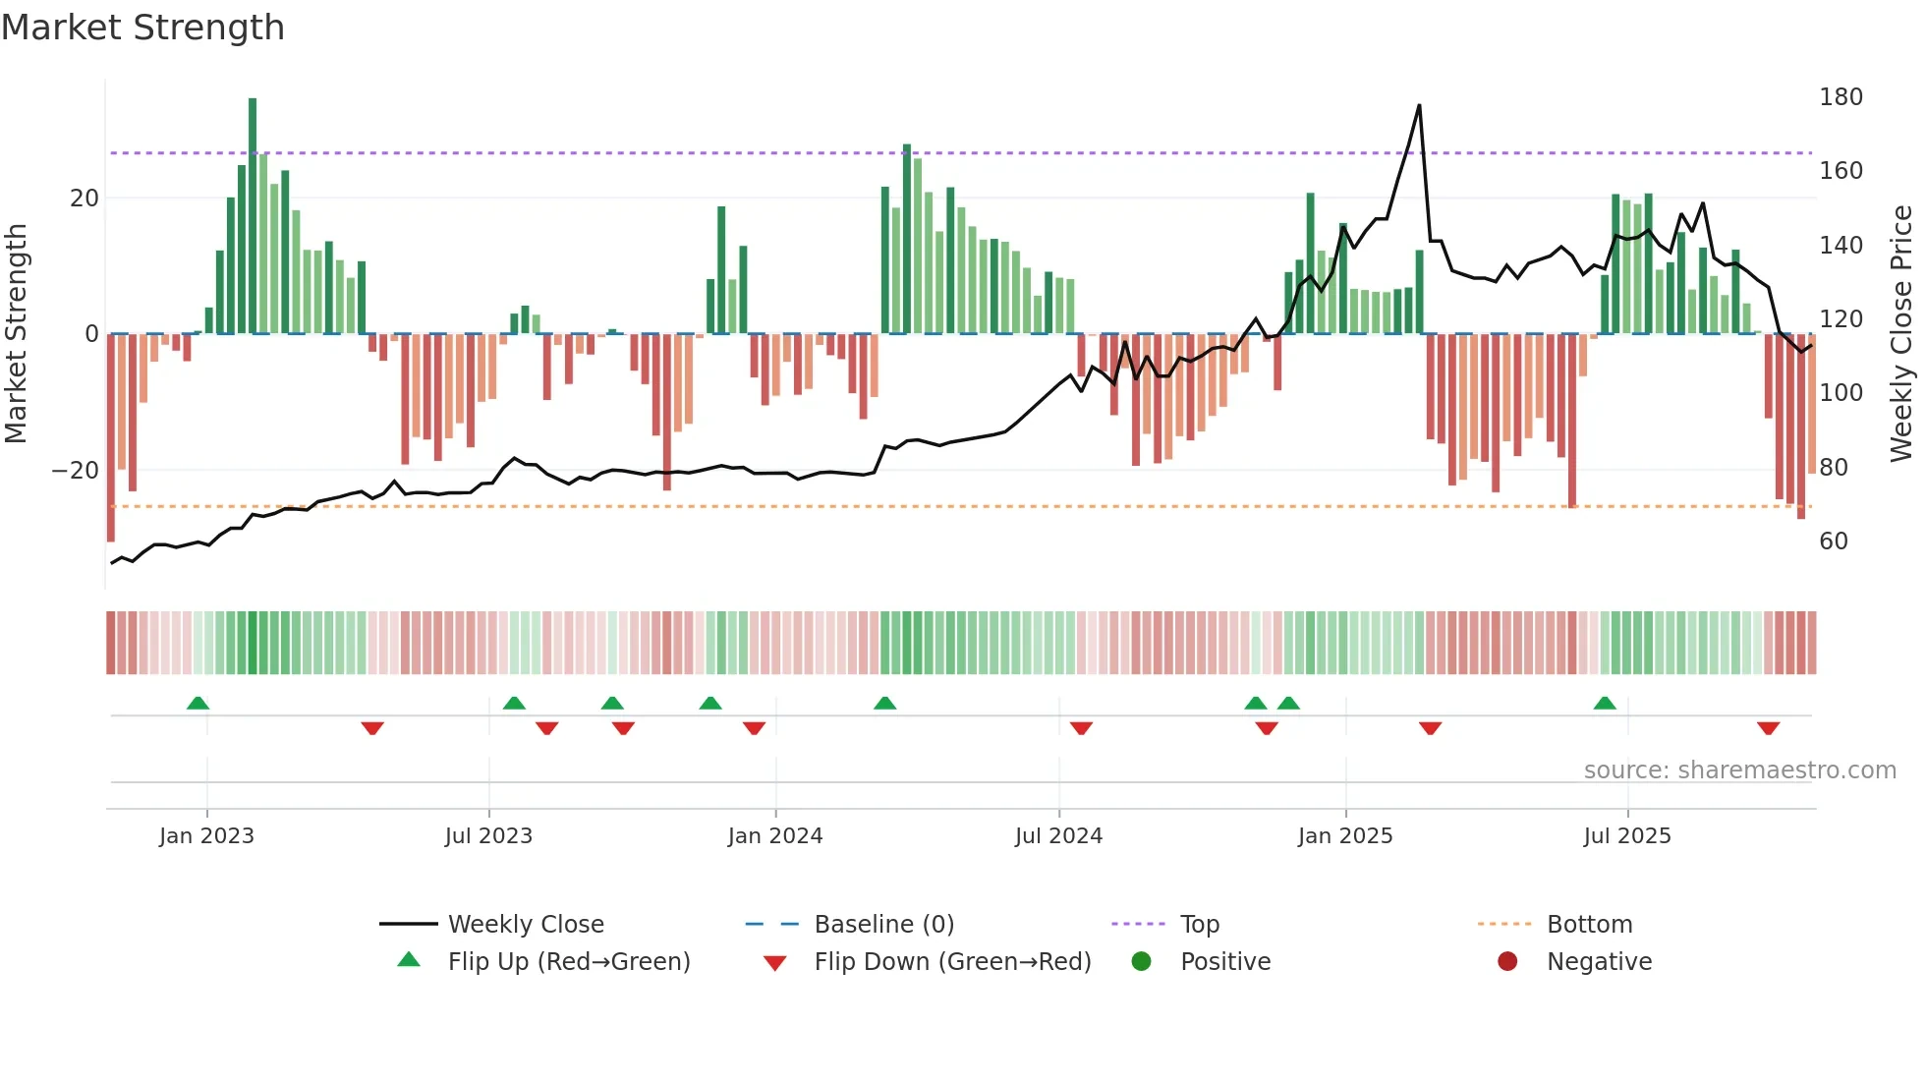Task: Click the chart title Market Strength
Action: pos(142,28)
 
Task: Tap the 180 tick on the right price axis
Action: pos(1840,97)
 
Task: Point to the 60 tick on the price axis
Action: pos(1833,541)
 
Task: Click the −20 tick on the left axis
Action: pos(76,471)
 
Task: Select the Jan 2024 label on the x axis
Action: pos(774,836)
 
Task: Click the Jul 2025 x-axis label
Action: pos(1626,836)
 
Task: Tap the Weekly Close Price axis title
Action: pos(1901,334)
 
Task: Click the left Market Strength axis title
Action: pos(17,334)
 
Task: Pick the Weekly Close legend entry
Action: pos(525,925)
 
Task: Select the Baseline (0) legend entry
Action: pos(883,925)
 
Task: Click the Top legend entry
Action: pos(1199,925)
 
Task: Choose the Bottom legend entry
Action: pos(1589,925)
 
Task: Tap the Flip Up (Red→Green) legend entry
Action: pos(568,962)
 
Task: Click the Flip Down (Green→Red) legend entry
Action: pos(951,962)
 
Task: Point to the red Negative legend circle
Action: pos(1506,962)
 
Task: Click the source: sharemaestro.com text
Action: pos(1739,770)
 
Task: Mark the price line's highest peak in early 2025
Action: pos(1419,106)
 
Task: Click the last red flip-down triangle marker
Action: pos(1768,728)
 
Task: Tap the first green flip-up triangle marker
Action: pos(198,703)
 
